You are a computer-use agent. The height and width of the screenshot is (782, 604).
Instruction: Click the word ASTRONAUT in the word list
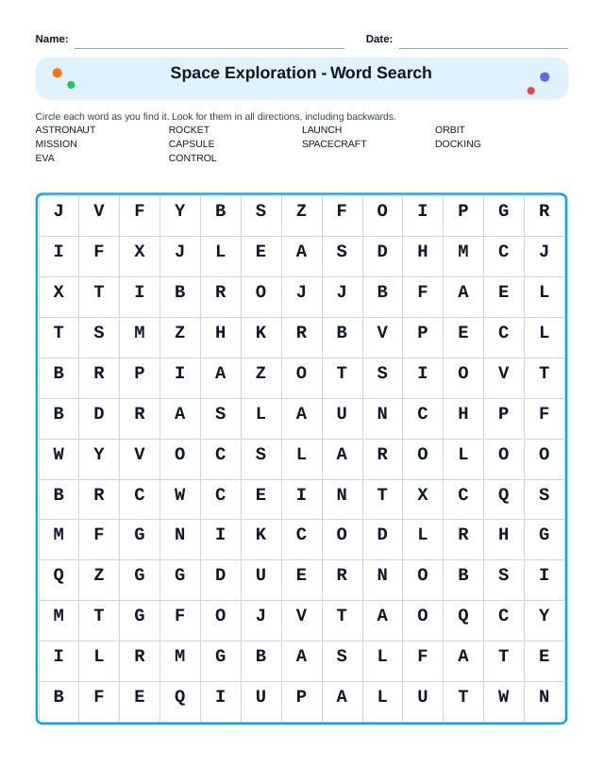[65, 129]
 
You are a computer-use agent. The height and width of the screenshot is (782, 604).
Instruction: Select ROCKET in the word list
[189, 129]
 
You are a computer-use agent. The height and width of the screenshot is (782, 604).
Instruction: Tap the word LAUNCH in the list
[322, 129]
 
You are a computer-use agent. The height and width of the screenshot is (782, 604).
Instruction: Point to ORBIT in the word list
[450, 129]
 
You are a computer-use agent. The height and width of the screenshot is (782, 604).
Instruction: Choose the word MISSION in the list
[57, 143]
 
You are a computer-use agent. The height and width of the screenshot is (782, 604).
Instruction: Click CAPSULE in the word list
[192, 143]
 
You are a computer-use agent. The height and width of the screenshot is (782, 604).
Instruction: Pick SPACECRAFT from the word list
[334, 143]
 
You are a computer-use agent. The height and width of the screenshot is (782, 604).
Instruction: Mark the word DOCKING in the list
[458, 143]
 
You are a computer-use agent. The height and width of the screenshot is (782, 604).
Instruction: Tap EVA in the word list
[44, 158]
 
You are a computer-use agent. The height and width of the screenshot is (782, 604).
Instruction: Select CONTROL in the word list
[193, 158]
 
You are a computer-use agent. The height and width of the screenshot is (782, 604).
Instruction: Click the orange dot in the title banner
[58, 73]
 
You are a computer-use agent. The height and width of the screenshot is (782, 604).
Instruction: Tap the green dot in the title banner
[71, 85]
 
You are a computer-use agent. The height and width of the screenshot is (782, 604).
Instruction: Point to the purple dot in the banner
[545, 77]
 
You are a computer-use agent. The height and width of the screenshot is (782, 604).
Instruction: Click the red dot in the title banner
[530, 91]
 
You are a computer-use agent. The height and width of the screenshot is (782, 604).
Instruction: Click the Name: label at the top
[52, 39]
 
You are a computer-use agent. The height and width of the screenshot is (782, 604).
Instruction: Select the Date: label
[379, 39]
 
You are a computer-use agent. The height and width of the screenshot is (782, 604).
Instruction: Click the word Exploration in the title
[270, 73]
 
